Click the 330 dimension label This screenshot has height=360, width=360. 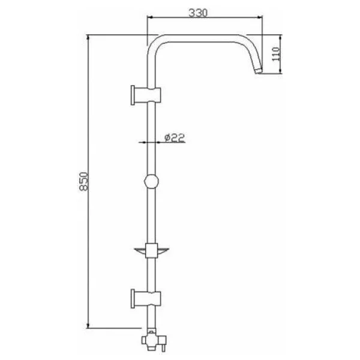pos(198,13)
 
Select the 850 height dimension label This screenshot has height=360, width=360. pos(84,181)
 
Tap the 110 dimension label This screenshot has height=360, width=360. pos(276,54)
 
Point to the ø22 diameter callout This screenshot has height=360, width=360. pos(175,137)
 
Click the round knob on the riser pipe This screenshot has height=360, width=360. pos(151,181)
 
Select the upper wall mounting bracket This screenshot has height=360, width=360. pos(146,95)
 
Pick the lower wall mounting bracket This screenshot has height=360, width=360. pos(146,298)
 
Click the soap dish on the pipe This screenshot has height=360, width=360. pos(152,251)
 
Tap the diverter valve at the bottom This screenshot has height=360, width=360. pos(154,340)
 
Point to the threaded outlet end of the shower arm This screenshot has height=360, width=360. pos(259,70)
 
